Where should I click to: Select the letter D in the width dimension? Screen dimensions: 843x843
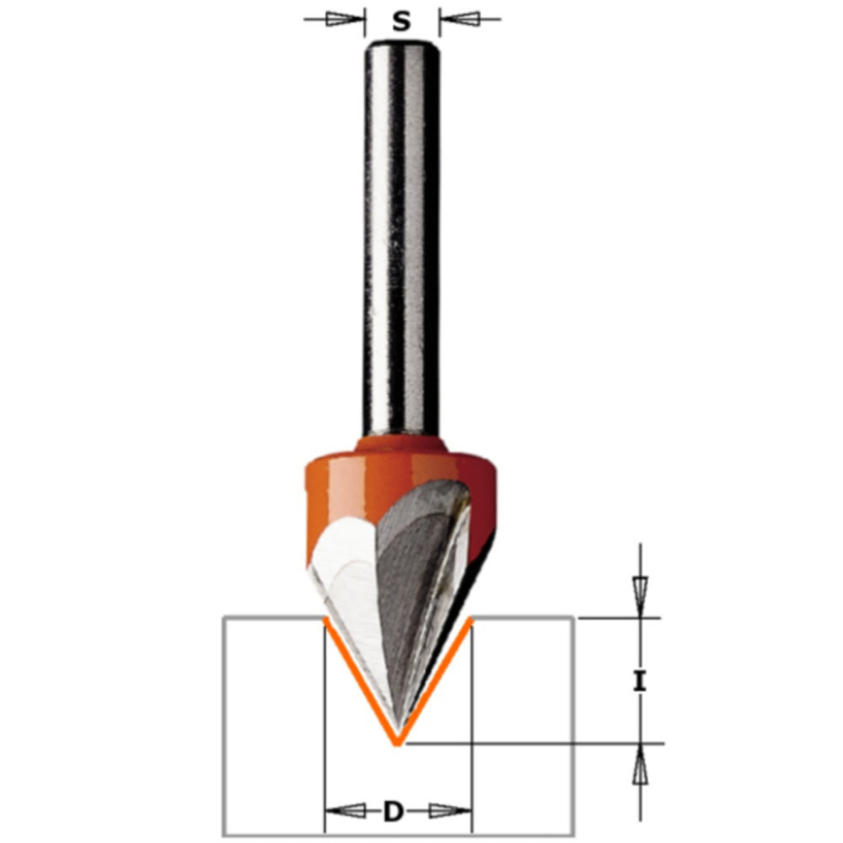[x=393, y=812]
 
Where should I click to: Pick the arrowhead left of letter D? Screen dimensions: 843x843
[x=346, y=812]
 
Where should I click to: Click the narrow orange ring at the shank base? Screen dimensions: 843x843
[x=401, y=445]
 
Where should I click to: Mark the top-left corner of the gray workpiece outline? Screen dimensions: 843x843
[x=223, y=618]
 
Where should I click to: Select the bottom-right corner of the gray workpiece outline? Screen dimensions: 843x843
[x=574, y=835]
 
